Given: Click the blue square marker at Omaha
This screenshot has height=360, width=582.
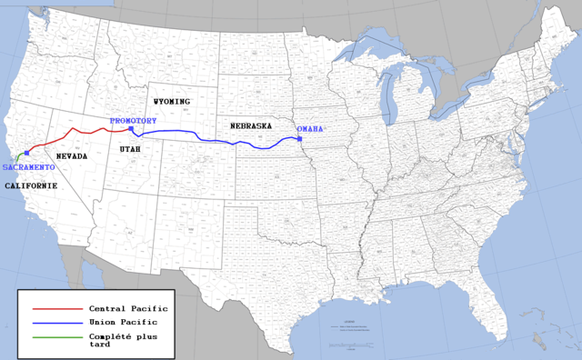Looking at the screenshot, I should [299, 139].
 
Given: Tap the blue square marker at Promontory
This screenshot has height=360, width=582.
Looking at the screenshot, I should [131, 129].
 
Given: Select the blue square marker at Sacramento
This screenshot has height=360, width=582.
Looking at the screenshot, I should [26, 154].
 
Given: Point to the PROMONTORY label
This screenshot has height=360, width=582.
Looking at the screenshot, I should [133, 121].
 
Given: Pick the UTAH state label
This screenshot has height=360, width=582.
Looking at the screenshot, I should [130, 148].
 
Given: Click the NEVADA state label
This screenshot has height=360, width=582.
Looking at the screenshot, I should [72, 156].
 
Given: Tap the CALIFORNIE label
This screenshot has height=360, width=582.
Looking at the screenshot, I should [31, 185].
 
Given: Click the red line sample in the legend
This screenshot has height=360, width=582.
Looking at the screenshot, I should [51, 309].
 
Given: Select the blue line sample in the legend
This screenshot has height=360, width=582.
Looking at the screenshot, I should [51, 322].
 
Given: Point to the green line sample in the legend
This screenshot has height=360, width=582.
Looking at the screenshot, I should [51, 335].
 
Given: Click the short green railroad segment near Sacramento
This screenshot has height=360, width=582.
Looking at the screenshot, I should [17, 160].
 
